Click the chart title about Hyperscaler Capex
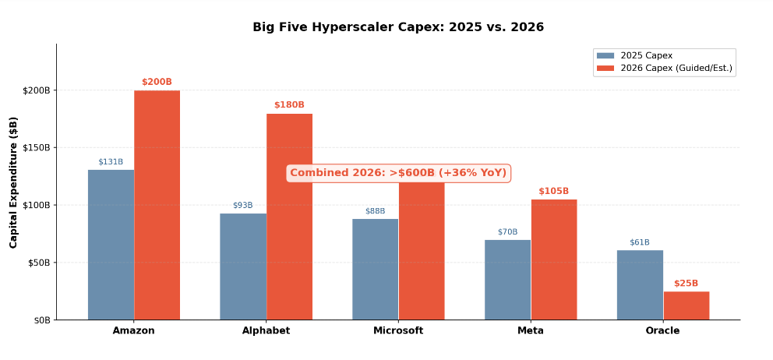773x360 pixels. click(x=398, y=27)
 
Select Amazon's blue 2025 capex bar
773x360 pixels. click(x=111, y=245)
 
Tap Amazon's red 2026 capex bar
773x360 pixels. click(x=157, y=205)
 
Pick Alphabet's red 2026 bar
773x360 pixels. click(x=289, y=217)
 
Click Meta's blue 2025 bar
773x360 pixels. click(x=507, y=280)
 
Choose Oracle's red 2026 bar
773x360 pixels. click(x=687, y=305)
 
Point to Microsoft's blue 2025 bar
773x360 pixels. click(x=375, y=269)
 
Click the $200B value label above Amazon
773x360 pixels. click(x=157, y=82)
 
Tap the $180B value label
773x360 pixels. click(x=289, y=105)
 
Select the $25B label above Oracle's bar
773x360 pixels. click(x=687, y=284)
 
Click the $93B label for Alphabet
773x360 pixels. click(x=242, y=206)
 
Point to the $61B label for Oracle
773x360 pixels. click(x=640, y=242)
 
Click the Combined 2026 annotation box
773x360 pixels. click(x=398, y=173)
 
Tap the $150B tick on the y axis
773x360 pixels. click(x=36, y=147)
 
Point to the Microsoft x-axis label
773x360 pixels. click(x=398, y=330)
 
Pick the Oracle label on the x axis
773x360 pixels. click(x=662, y=330)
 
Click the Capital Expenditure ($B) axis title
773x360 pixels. click(x=14, y=182)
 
